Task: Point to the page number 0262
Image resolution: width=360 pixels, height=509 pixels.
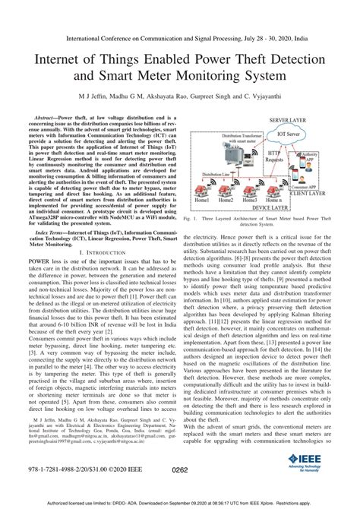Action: tap(180, 471)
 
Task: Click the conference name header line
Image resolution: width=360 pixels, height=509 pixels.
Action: tap(179, 35)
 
